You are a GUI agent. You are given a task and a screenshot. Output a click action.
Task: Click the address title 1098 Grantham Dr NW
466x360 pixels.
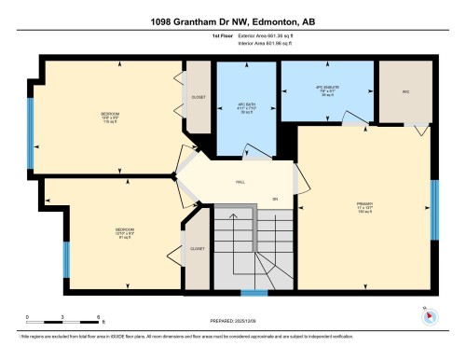[232, 21]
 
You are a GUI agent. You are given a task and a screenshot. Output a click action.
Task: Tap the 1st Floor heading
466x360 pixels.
[196, 37]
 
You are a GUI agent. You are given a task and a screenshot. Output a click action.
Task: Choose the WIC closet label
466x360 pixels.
[405, 92]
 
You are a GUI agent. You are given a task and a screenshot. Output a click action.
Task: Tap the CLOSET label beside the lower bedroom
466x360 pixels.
[198, 249]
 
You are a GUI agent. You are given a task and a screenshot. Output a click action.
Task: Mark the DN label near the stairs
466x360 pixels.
[275, 200]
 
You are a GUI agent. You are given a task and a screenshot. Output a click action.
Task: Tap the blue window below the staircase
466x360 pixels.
[254, 293]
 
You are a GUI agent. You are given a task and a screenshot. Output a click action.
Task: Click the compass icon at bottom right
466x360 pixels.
[430, 317]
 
